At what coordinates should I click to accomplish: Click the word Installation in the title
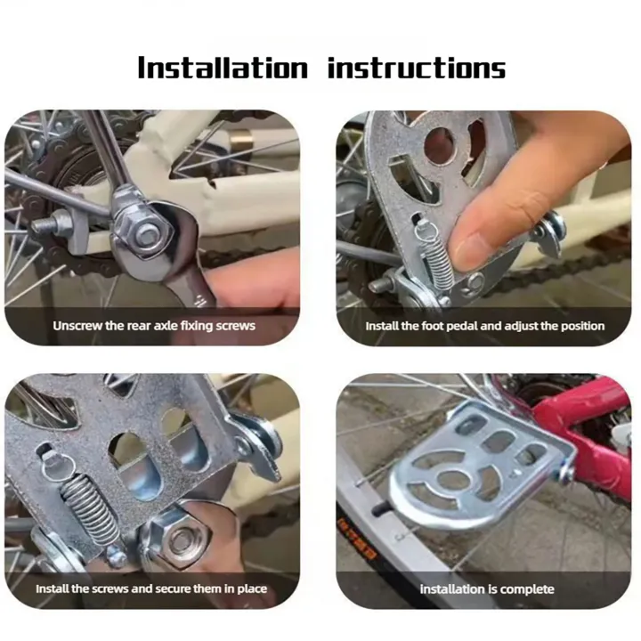click(223, 68)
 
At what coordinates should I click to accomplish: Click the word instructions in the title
click(417, 68)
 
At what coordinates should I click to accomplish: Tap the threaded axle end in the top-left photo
click(45, 225)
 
